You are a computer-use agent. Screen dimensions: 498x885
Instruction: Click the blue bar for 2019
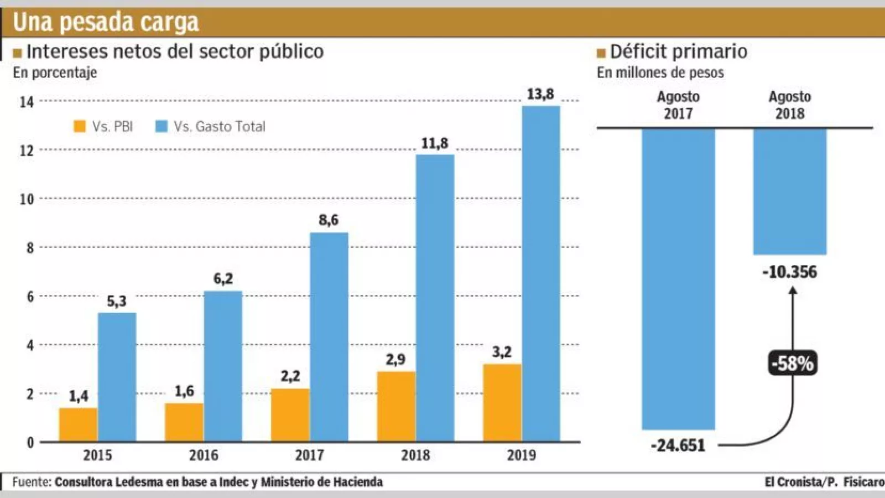(x=541, y=274)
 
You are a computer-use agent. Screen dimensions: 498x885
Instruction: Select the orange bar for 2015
(x=78, y=425)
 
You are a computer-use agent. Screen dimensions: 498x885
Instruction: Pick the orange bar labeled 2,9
(x=396, y=407)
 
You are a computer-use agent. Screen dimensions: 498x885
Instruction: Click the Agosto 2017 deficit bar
(x=678, y=279)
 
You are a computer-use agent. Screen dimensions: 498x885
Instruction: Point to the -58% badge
(x=793, y=364)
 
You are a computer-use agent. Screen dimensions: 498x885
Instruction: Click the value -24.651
(x=678, y=445)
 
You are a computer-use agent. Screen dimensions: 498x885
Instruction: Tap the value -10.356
(x=790, y=272)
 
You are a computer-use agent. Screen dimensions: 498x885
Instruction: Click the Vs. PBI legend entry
(x=104, y=127)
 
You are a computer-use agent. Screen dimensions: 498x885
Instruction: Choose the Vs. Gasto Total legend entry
(x=211, y=127)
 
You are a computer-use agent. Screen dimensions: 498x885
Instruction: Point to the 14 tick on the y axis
(x=27, y=102)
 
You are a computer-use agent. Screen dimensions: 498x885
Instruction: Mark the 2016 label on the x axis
(x=204, y=455)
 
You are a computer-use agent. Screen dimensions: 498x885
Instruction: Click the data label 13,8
(x=540, y=94)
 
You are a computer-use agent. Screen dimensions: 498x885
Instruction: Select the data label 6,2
(x=223, y=278)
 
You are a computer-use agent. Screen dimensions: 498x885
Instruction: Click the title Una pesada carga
(x=106, y=22)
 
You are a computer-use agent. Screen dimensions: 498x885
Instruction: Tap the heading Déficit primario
(x=678, y=51)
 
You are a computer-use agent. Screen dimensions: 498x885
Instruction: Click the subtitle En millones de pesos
(x=660, y=72)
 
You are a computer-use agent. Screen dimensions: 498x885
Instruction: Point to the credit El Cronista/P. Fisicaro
(x=824, y=482)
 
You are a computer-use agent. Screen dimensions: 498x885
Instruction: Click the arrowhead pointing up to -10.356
(x=793, y=290)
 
